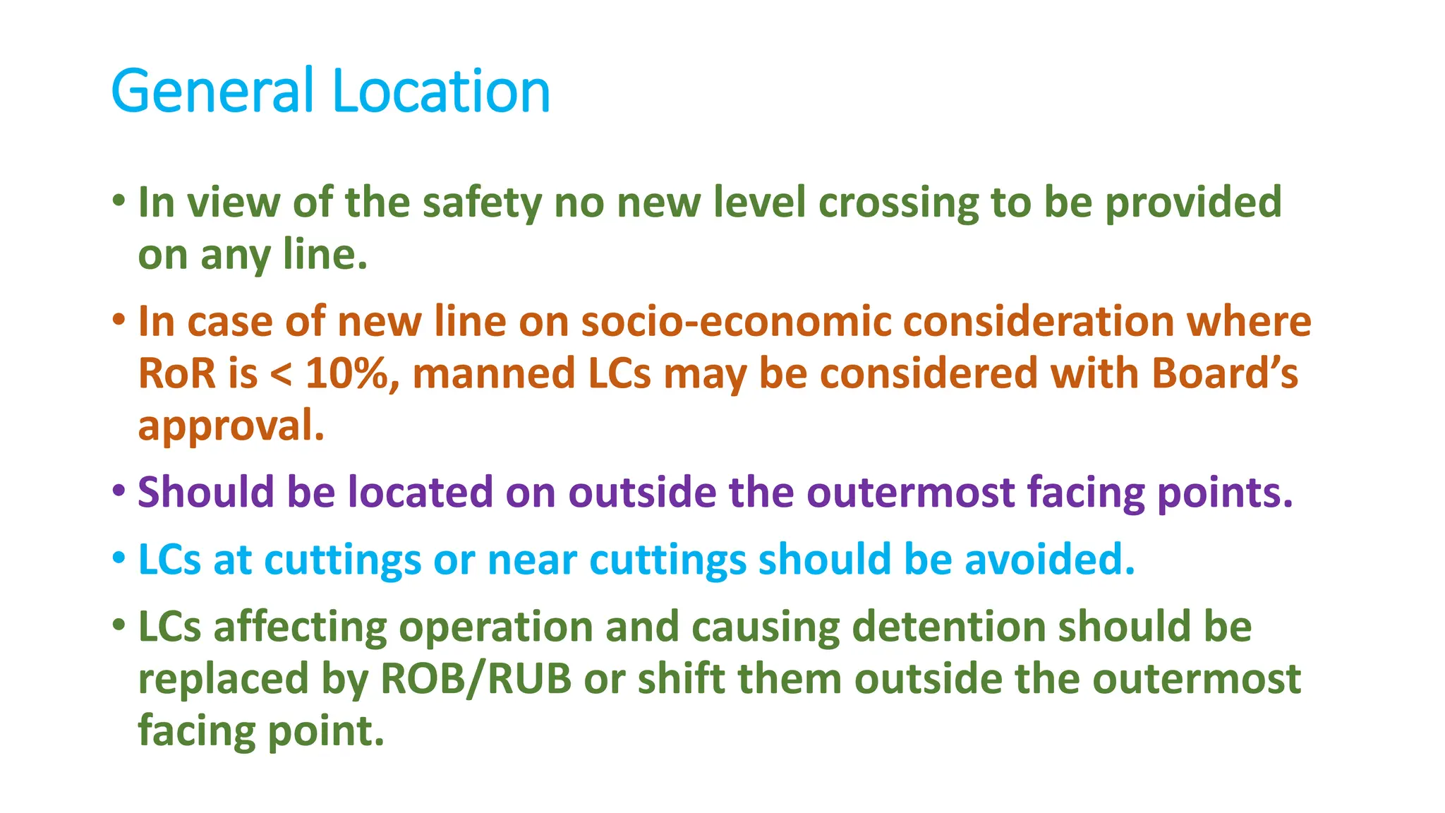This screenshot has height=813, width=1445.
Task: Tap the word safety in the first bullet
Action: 482,203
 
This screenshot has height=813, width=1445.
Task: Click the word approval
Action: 231,426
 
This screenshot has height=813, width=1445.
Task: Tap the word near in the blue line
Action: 532,560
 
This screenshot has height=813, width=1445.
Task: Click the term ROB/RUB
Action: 476,679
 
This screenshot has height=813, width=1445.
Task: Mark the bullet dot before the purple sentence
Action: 119,489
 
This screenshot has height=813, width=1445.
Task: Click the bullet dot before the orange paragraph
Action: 119,319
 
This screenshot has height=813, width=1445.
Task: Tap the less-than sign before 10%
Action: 281,375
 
